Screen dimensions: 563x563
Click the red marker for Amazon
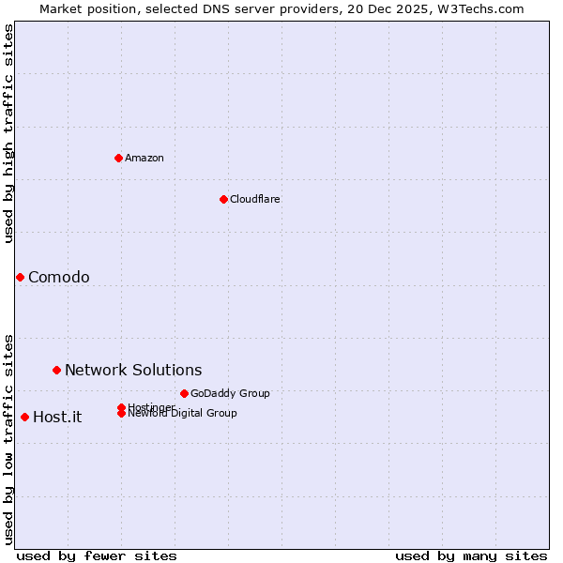[x=118, y=158]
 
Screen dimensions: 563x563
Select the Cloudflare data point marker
[x=223, y=199]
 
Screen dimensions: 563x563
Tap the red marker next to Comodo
[x=20, y=277]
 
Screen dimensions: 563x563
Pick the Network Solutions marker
[x=56, y=370]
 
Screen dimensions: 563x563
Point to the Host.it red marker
[x=24, y=417]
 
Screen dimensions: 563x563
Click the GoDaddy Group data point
[x=184, y=393]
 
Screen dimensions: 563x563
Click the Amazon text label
[x=145, y=158]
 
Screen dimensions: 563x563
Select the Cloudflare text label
[x=255, y=199]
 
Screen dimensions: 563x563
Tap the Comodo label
[x=59, y=277]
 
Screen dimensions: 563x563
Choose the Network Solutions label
[x=133, y=370]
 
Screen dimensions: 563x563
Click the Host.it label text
[x=57, y=418]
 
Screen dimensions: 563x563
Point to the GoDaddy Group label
[x=230, y=393]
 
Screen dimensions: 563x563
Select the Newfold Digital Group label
[x=183, y=414]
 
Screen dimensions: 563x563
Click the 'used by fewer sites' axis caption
[x=97, y=555]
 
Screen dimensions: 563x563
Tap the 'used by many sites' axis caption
[x=471, y=555]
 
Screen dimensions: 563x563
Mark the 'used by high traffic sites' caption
[x=8, y=133]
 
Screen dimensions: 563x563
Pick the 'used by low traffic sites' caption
[x=8, y=438]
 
